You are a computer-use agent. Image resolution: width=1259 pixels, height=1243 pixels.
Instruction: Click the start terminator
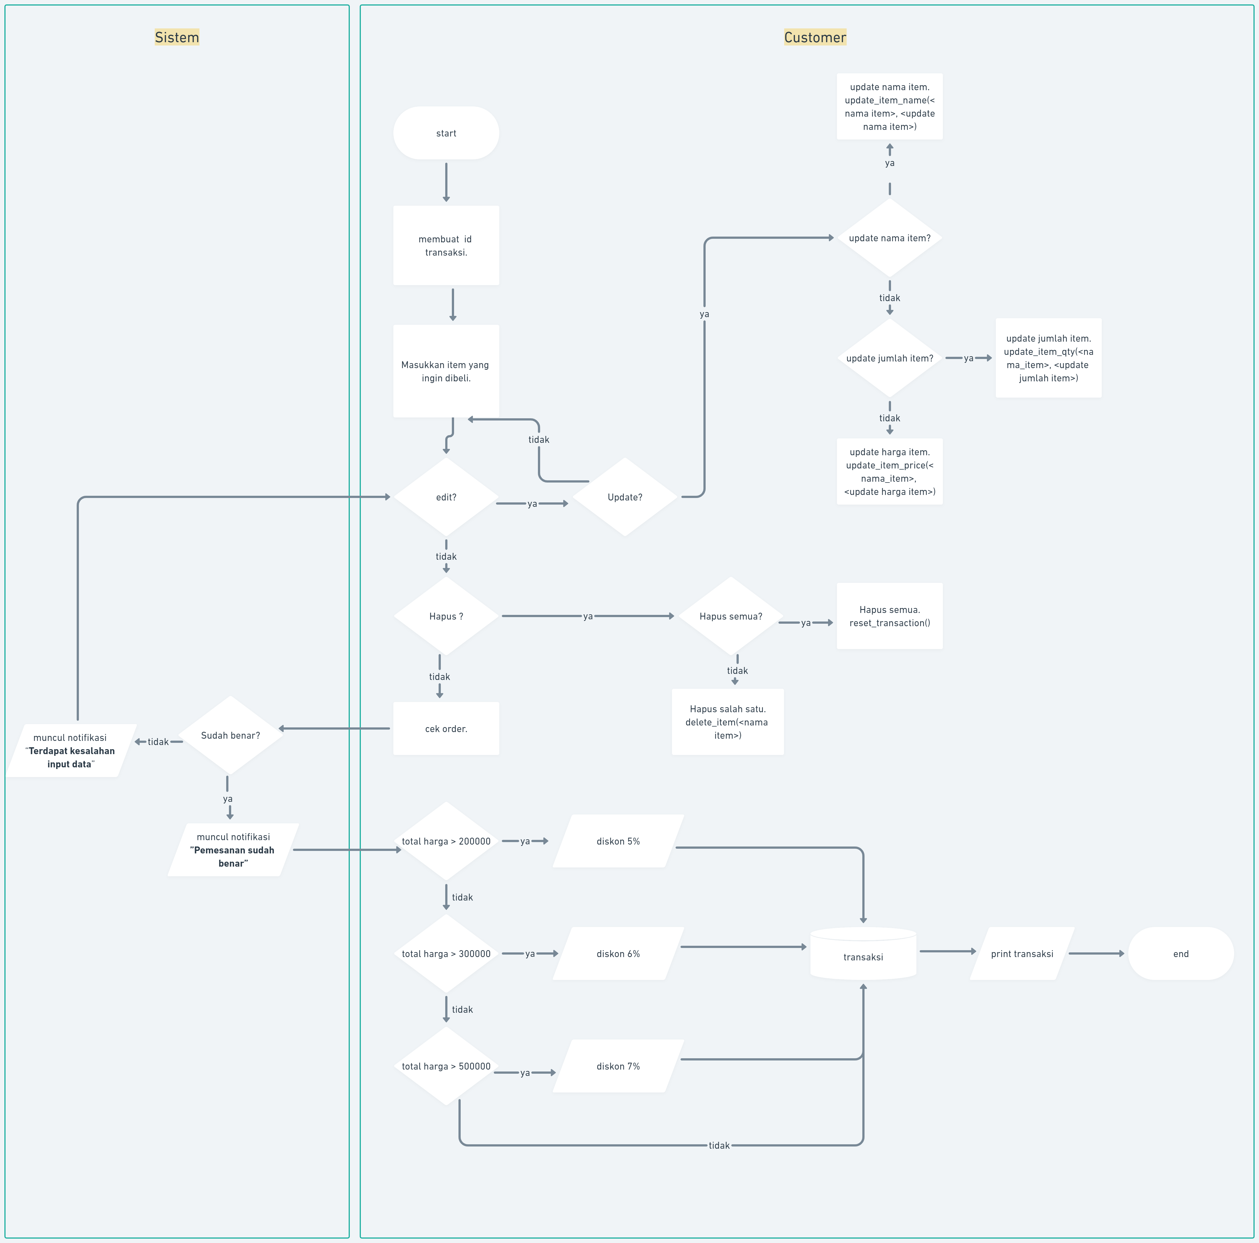tap(446, 133)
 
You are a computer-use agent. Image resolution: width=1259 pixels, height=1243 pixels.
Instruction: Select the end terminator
tap(1180, 953)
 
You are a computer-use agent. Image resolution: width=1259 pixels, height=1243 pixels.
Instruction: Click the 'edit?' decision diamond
tap(446, 497)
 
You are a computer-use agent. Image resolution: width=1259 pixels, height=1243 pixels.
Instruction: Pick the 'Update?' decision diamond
tap(624, 497)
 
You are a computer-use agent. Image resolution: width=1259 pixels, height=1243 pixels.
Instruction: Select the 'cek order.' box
tap(446, 728)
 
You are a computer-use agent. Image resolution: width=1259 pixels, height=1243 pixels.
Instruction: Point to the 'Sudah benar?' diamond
tap(230, 735)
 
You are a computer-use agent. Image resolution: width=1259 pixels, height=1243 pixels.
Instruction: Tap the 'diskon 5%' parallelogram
tap(618, 841)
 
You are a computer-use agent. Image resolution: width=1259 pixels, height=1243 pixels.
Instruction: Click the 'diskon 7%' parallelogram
tap(618, 1066)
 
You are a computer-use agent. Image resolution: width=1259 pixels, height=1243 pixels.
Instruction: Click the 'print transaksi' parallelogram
tap(1021, 953)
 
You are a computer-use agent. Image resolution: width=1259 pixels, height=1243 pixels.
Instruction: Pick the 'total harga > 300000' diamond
tap(446, 953)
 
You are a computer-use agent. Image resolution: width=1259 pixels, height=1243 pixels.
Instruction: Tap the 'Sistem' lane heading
tap(177, 37)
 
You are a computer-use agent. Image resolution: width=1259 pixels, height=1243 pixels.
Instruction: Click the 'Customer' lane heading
tap(815, 37)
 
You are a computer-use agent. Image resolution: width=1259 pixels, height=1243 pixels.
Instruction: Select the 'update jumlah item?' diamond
tap(890, 358)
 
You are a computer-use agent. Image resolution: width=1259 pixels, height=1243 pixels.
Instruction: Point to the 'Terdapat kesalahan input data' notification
tap(70, 751)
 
